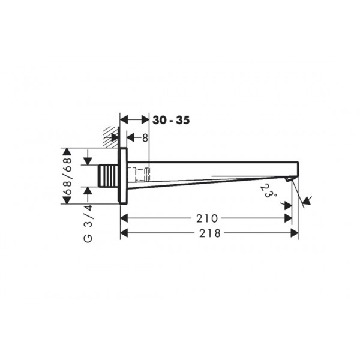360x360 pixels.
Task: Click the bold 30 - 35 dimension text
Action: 171,120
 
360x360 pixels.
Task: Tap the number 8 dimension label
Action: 145,138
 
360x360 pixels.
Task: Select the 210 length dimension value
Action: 207,218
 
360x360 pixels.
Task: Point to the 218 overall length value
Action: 210,233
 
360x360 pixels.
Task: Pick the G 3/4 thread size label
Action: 88,223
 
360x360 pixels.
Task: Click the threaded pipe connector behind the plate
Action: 108,176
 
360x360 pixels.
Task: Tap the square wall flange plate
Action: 123,176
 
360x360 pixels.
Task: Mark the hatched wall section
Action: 112,137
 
